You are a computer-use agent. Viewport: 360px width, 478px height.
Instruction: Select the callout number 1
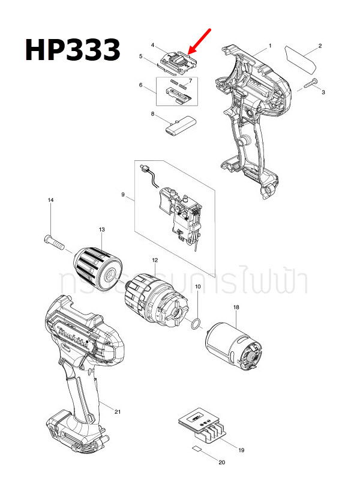point(270,46)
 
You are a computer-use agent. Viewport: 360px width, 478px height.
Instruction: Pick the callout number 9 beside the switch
point(123,195)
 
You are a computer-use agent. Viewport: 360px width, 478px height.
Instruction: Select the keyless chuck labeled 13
point(100,265)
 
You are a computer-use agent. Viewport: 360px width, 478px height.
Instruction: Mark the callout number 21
point(118,411)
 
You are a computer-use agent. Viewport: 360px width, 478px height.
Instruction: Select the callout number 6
point(142,85)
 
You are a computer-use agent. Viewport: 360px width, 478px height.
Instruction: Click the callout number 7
point(190,80)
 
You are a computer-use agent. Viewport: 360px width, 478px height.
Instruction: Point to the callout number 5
point(140,57)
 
